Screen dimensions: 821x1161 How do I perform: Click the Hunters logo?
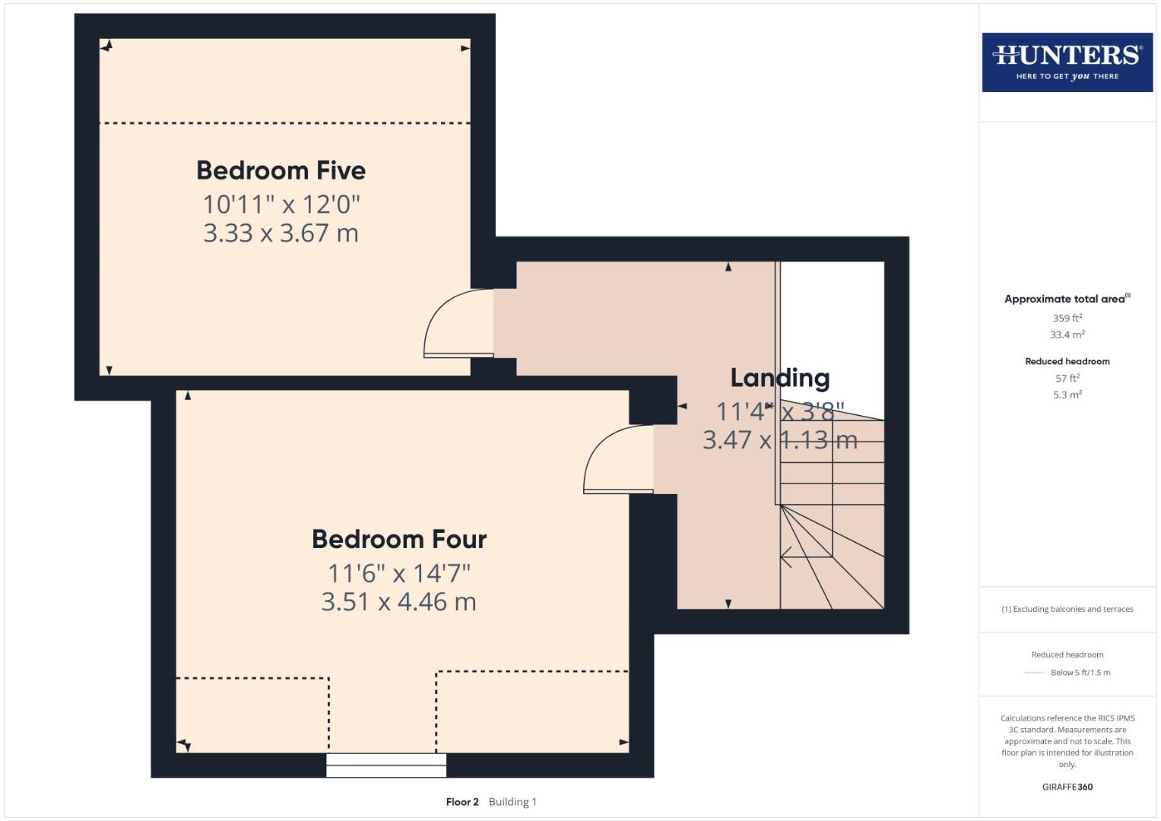tap(1067, 62)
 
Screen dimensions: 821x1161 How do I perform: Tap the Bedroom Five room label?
tap(281, 170)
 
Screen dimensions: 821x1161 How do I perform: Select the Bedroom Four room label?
tap(398, 539)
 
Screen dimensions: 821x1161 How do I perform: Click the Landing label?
tap(779, 378)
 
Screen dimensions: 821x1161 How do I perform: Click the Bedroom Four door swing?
tap(616, 461)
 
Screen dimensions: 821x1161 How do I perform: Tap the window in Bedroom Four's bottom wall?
tap(386, 765)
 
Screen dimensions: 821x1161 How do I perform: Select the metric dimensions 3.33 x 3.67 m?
tap(281, 233)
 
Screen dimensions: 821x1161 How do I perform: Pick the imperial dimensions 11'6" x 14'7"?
tap(398, 572)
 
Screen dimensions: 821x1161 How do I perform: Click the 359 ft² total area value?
tap(1067, 318)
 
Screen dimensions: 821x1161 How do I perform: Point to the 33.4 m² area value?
tap(1067, 334)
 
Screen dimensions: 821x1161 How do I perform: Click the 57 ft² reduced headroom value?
tap(1067, 378)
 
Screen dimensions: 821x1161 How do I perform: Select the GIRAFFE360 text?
tap(1067, 787)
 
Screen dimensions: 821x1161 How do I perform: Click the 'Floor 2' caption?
tap(462, 802)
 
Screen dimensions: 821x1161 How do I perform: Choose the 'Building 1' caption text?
tap(512, 802)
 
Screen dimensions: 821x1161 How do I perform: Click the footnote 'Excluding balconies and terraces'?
tap(1067, 609)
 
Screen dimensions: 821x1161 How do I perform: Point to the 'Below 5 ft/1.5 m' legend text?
tap(1080, 673)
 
